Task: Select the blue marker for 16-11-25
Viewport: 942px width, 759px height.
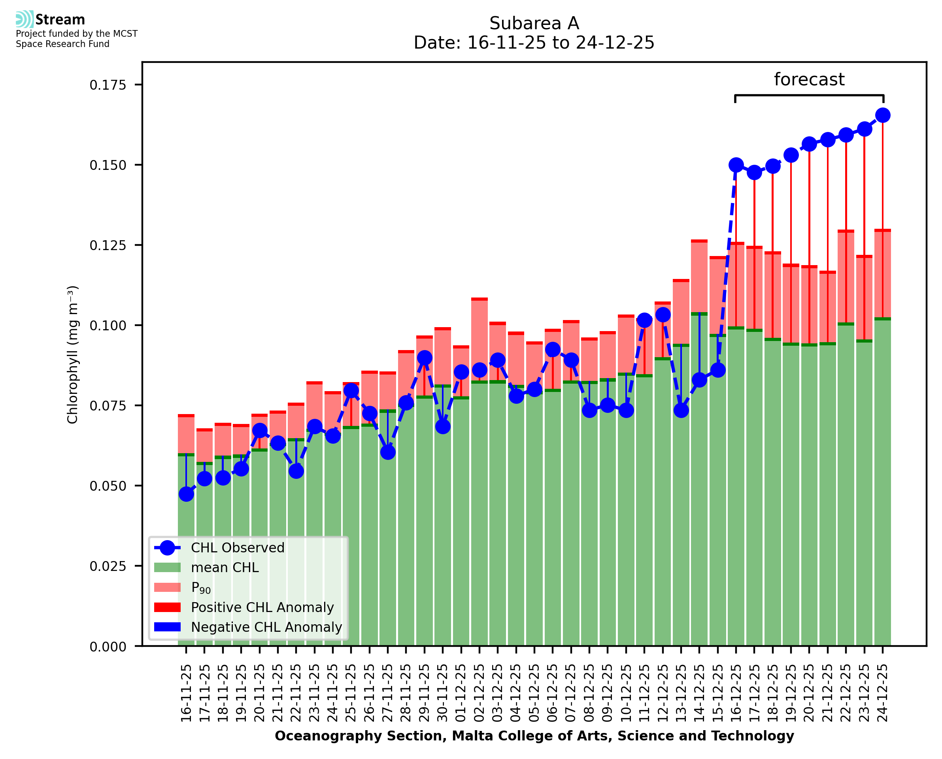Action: [186, 494]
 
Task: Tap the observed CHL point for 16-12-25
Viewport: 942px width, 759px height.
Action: [736, 165]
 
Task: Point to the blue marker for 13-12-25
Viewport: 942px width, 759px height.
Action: [681, 410]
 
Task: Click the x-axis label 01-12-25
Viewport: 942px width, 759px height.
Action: [461, 693]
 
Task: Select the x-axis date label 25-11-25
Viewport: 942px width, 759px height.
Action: [351, 693]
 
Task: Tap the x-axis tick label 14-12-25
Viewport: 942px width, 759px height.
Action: [699, 693]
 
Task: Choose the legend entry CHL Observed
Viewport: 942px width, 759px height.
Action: [238, 548]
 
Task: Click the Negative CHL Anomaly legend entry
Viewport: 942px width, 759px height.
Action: [266, 627]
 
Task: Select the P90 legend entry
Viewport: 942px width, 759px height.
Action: [201, 588]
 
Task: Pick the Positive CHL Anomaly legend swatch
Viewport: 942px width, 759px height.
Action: [168, 607]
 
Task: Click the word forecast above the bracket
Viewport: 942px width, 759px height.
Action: [809, 79]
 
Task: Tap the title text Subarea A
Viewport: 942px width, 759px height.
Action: [534, 23]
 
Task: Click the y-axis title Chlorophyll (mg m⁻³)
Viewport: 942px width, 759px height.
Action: [73, 354]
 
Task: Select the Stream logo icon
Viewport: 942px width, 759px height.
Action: [25, 19]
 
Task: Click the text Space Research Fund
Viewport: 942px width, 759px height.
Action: [62, 44]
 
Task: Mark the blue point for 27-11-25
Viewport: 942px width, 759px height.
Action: [388, 452]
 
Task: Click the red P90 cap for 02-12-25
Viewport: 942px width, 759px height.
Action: [479, 299]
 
